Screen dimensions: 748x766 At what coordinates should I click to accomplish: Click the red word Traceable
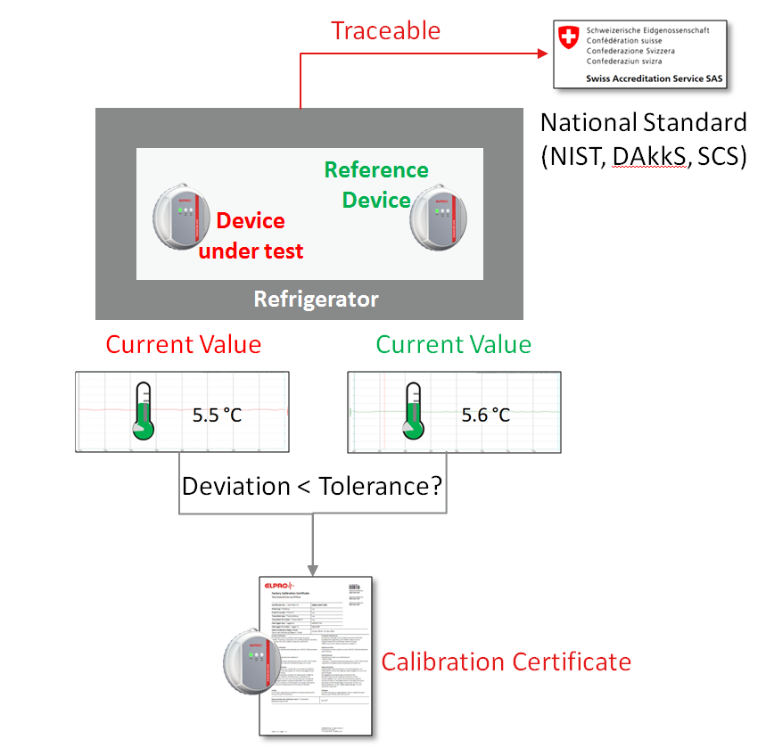(x=386, y=30)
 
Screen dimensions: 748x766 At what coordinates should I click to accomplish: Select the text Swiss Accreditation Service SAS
(x=654, y=78)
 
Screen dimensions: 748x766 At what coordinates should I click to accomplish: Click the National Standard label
(x=643, y=123)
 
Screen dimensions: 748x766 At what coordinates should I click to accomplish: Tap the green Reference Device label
(x=376, y=185)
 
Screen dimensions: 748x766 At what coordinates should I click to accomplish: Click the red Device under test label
(x=251, y=235)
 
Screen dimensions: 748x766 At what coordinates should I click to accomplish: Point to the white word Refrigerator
(x=317, y=299)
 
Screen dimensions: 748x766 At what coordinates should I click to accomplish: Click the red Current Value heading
(x=183, y=344)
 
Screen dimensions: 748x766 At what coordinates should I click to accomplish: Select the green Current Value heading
(x=453, y=344)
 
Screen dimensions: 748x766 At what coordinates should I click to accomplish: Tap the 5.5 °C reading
(x=218, y=415)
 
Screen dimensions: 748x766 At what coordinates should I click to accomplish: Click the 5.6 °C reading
(x=486, y=415)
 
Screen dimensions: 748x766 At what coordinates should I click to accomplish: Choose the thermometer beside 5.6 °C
(x=411, y=411)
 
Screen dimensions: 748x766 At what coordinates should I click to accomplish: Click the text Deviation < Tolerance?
(x=312, y=486)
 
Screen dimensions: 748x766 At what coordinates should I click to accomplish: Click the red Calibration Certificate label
(x=506, y=662)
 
